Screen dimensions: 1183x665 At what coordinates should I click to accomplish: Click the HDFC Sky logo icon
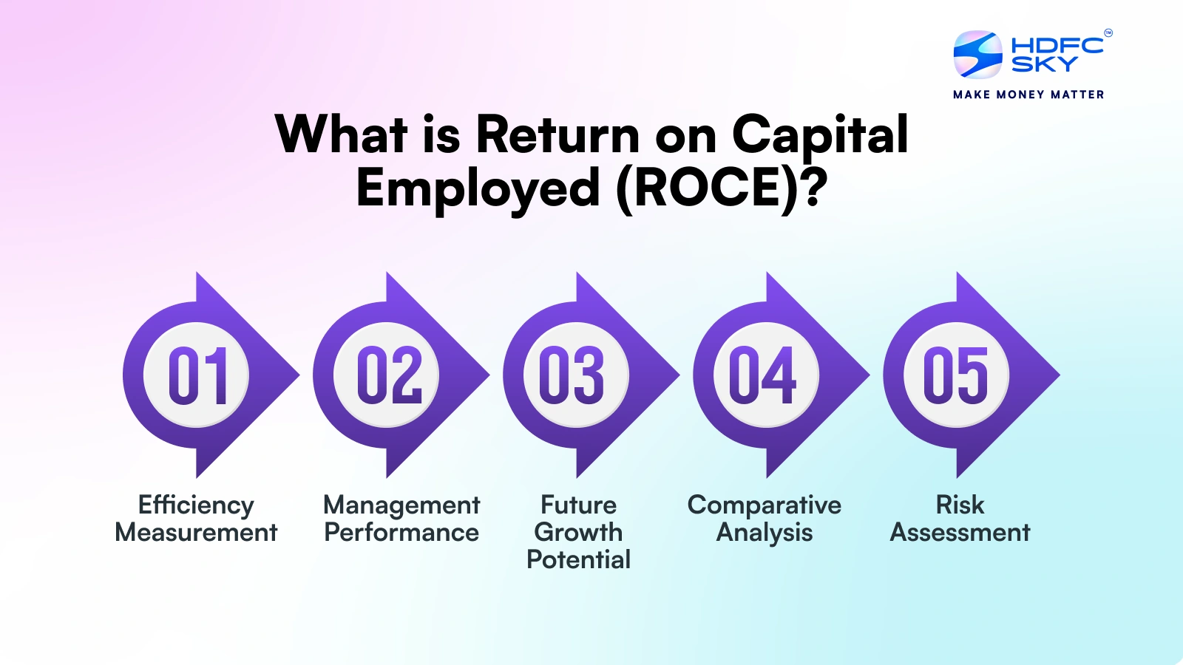tap(977, 55)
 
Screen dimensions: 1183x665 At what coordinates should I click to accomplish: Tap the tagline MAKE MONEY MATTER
tap(1028, 95)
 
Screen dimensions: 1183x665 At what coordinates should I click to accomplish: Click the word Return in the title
tap(557, 134)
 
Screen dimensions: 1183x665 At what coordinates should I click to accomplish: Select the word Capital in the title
tap(820, 135)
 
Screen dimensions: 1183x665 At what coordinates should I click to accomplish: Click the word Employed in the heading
tap(478, 190)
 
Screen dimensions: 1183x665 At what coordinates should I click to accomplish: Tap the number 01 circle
tap(197, 375)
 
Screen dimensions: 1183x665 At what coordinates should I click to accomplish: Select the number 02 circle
tap(387, 375)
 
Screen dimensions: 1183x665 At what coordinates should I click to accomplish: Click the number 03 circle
tap(577, 375)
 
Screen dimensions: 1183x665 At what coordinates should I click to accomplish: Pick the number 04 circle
tap(767, 375)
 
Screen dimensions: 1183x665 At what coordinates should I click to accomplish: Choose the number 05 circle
tap(957, 375)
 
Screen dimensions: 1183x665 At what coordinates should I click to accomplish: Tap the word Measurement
tap(196, 532)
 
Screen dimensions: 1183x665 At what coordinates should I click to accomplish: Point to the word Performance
tap(401, 532)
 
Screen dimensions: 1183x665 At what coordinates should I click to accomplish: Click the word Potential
tap(579, 559)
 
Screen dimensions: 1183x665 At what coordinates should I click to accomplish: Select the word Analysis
tap(765, 533)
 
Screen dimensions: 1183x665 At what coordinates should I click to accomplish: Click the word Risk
tap(960, 505)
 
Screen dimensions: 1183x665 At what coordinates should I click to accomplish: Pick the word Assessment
tap(960, 532)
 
